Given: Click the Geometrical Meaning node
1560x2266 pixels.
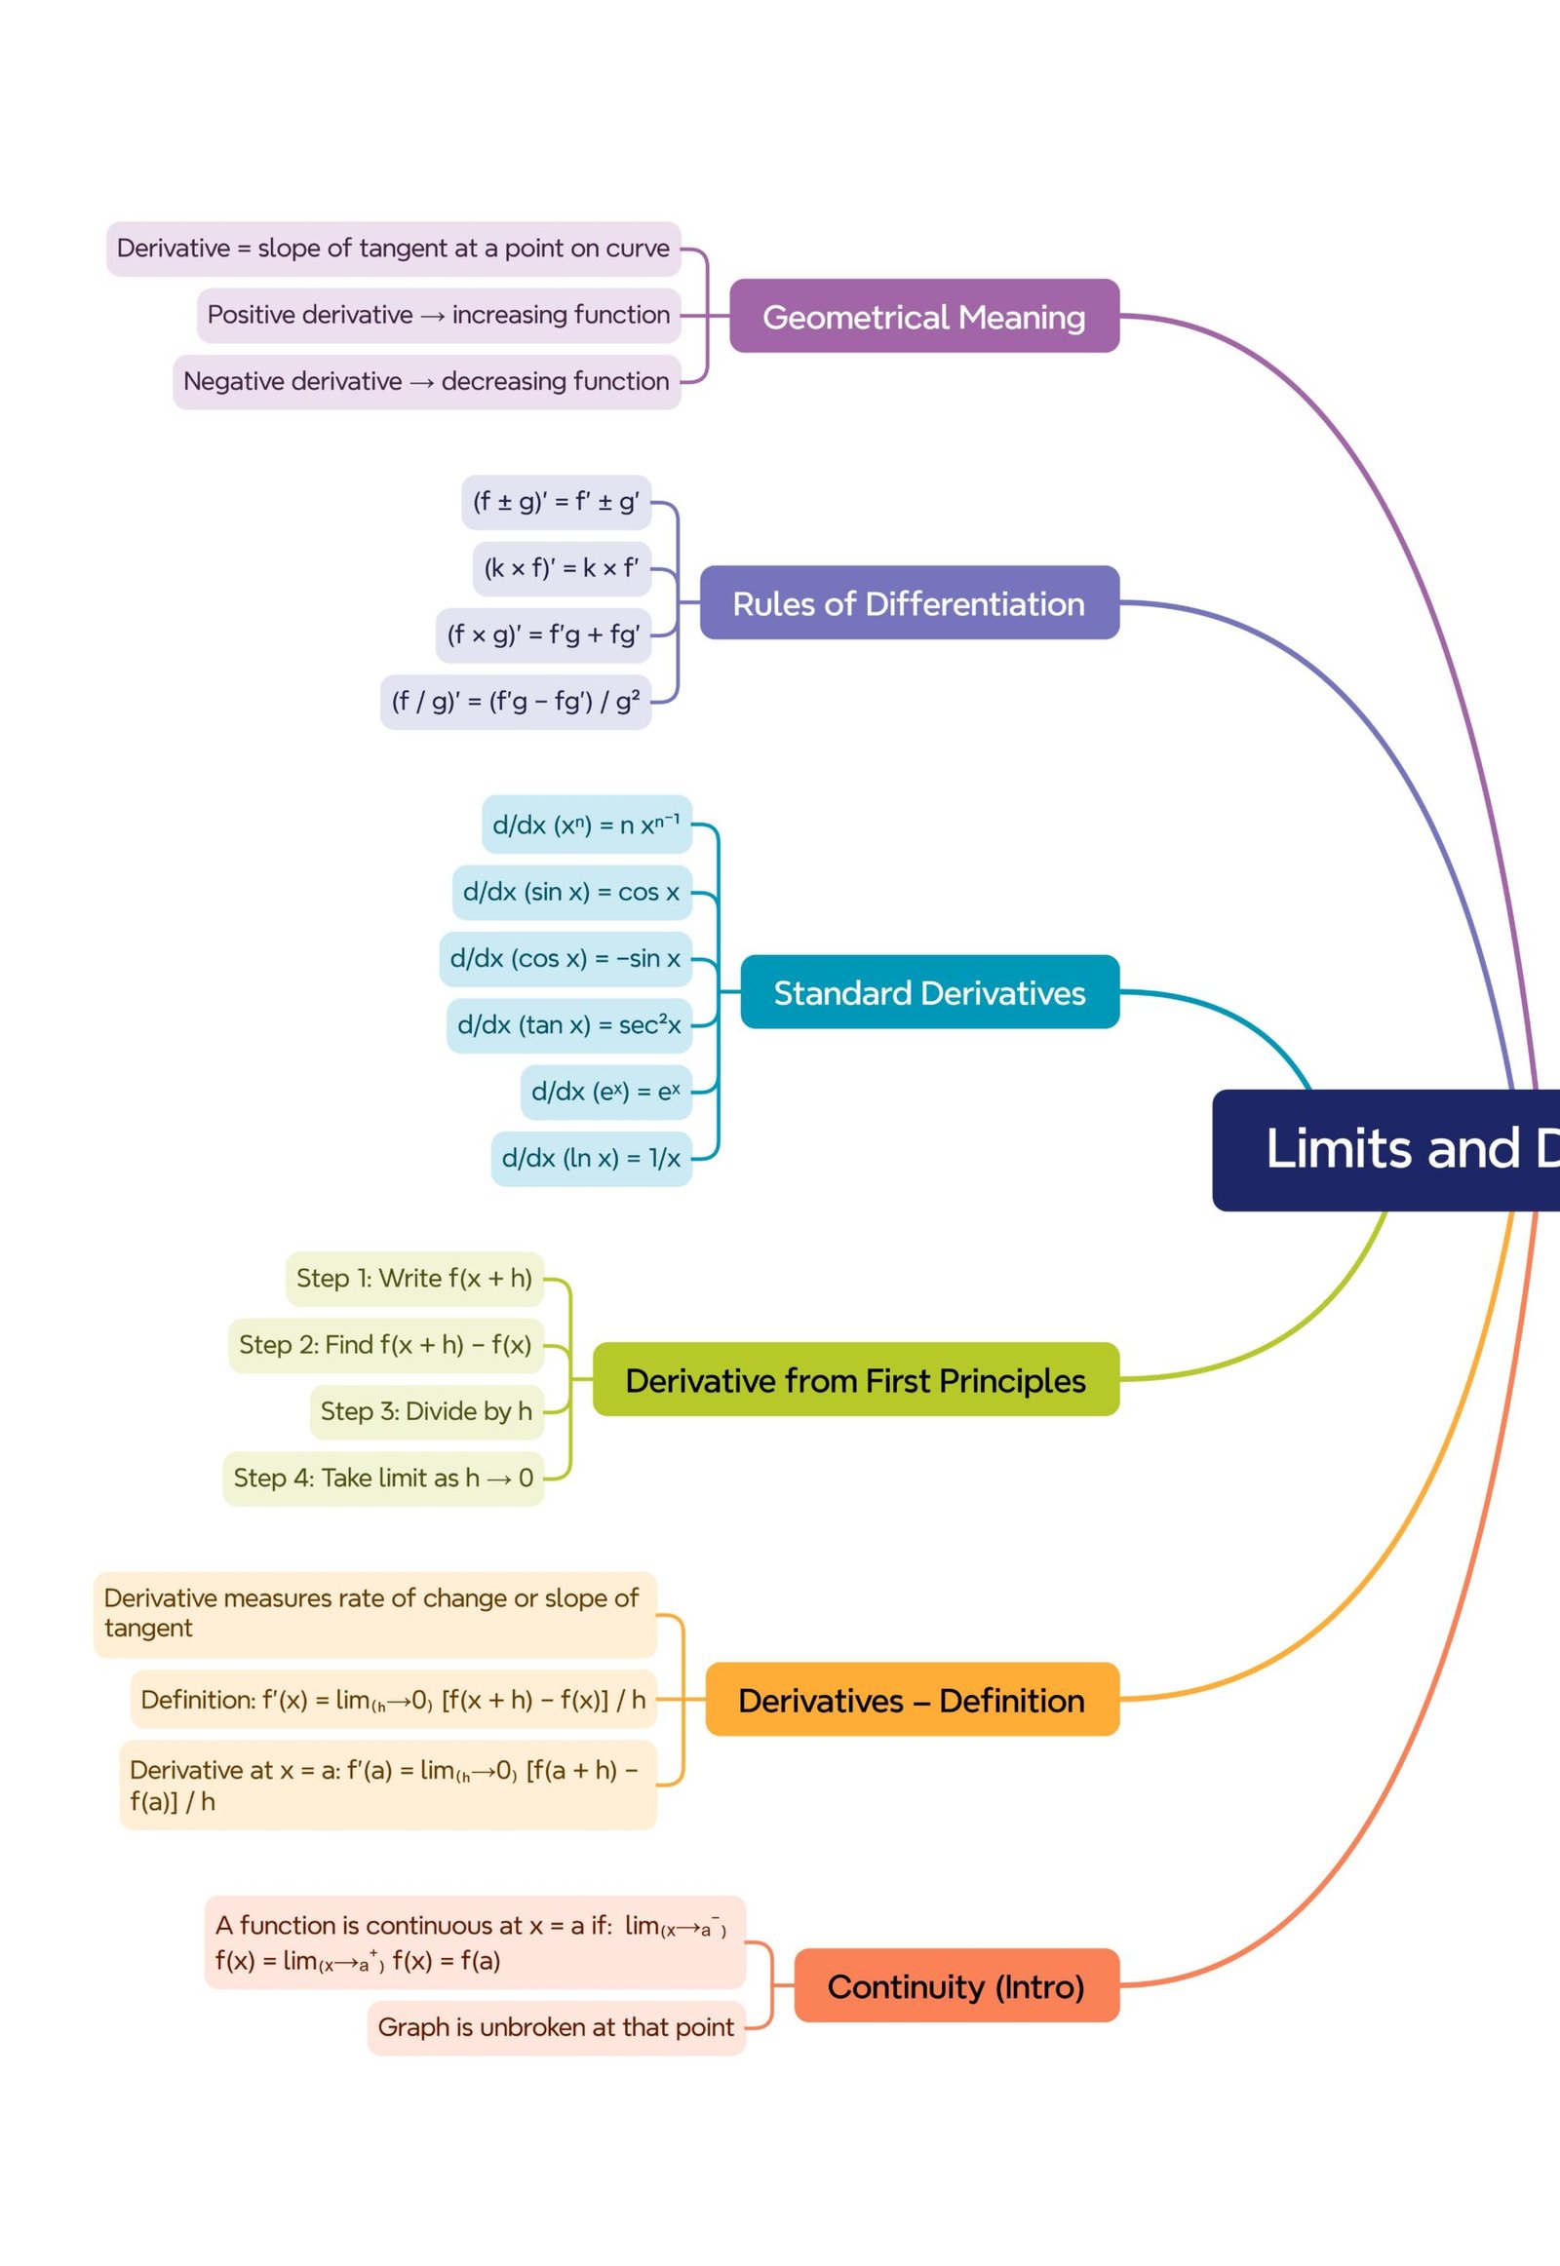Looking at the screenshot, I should coord(923,317).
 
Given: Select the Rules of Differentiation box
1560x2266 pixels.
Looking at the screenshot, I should coord(909,603).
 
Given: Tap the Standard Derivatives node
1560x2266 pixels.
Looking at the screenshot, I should coord(928,992).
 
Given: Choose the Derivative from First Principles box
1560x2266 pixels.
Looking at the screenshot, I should coord(855,1380).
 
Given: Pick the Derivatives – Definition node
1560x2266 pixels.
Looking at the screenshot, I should coord(911,1701).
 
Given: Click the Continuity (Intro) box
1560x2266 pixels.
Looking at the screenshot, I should coord(955,1986).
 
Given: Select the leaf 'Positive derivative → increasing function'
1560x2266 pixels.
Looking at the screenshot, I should coord(438,315).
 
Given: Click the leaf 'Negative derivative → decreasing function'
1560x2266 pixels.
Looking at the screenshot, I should coord(426,381).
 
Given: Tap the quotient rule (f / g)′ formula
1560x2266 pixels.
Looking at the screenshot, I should coord(515,701).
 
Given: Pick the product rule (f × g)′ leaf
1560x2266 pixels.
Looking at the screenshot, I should coord(542,634).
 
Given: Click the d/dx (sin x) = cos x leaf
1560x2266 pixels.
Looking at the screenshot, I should coord(570,891).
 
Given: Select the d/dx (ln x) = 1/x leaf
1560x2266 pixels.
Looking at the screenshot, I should coord(591,1158).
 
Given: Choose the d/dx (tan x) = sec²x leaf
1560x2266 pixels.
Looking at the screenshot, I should coord(568,1024).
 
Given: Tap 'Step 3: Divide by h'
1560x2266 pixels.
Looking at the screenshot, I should coord(426,1411).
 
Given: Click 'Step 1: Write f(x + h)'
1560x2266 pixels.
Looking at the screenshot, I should coord(414,1278).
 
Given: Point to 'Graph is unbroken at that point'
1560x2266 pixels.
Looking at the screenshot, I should coord(555,2027).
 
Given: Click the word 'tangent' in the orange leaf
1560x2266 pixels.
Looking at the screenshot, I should coord(148,1628).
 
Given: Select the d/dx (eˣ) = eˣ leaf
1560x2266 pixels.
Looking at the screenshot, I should coord(605,1092).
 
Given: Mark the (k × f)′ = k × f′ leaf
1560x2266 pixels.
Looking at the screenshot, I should coord(561,568).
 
